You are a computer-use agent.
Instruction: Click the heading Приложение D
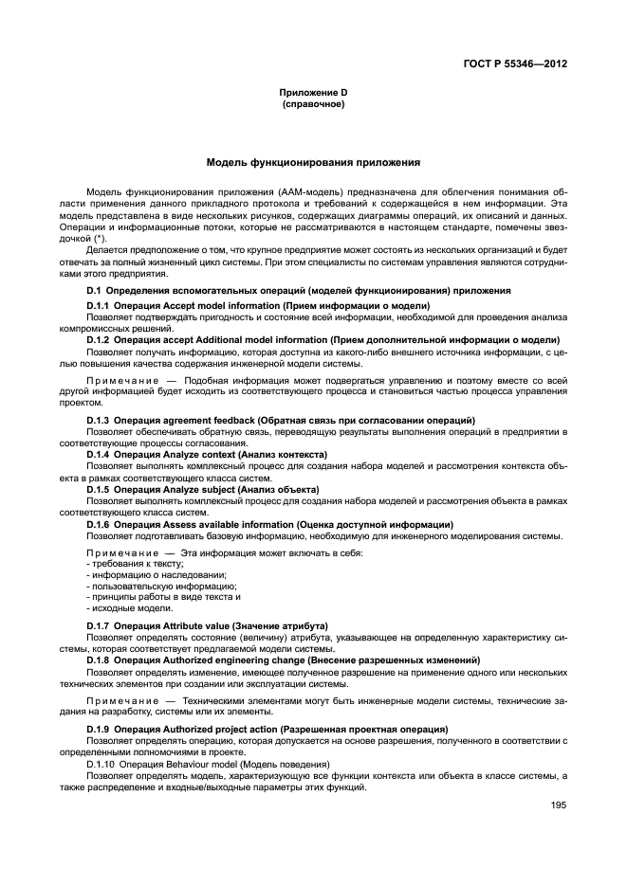[x=313, y=93]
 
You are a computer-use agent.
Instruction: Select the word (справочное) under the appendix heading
[x=313, y=104]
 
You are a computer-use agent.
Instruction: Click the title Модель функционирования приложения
[x=313, y=163]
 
